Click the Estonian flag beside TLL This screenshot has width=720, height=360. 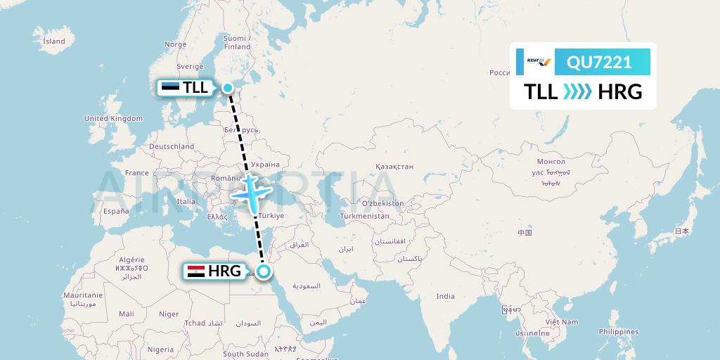(x=169, y=87)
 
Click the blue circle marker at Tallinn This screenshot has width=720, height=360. (x=228, y=87)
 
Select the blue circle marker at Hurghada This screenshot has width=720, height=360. (x=264, y=270)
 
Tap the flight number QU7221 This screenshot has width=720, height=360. (x=599, y=63)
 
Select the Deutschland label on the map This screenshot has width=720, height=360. (x=172, y=146)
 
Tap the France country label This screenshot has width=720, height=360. (x=137, y=173)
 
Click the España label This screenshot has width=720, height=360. (x=116, y=211)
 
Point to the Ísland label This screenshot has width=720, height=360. (x=54, y=41)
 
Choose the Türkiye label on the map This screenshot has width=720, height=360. (x=271, y=216)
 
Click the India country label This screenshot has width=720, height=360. (x=445, y=296)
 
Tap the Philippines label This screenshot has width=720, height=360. (x=619, y=332)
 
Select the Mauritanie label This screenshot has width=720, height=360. (x=83, y=295)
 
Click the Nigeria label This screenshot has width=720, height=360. (x=160, y=349)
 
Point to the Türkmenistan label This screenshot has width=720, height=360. (x=364, y=217)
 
